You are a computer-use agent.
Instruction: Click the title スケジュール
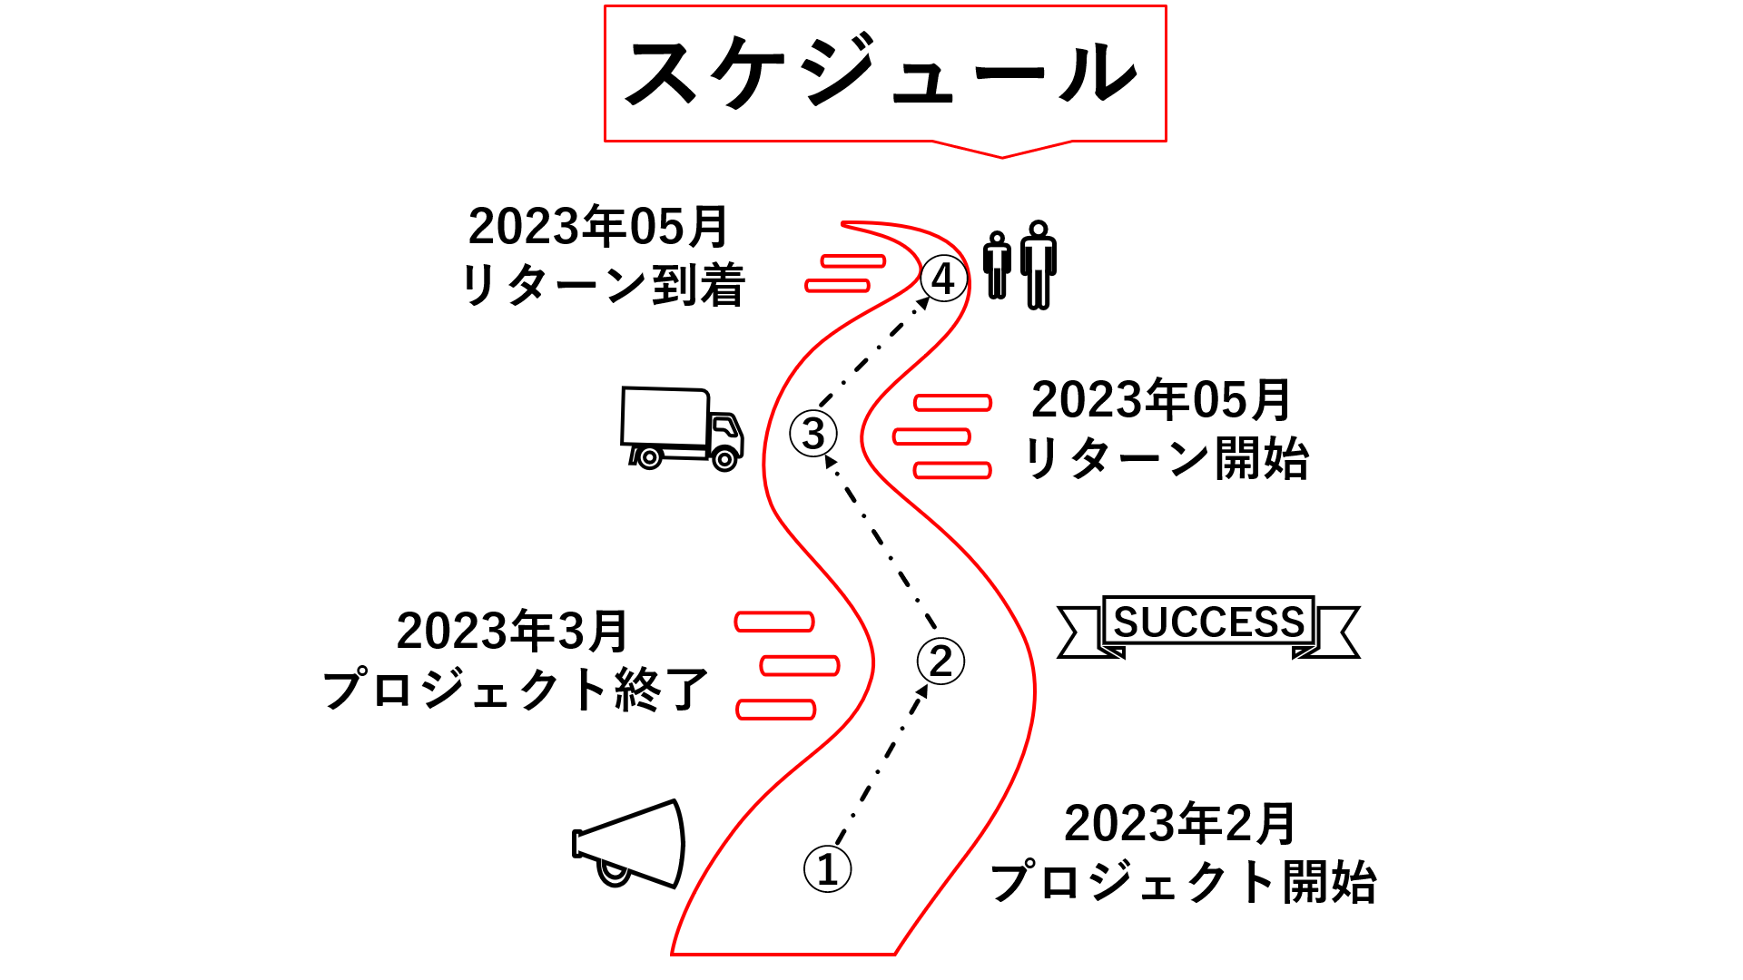882,73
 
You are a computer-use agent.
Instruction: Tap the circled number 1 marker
827,868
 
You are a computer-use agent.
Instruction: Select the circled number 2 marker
940,661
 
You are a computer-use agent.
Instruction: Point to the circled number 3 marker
813,433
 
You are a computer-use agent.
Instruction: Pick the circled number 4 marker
943,279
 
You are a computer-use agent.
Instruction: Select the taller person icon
1038,264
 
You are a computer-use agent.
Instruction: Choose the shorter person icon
997,264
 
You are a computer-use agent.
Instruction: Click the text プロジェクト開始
1183,882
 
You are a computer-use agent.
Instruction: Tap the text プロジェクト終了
515,690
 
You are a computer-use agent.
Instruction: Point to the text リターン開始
1167,458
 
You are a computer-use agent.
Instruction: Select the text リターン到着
604,286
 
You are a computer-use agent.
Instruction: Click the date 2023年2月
1180,823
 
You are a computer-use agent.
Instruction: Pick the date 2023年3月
513,631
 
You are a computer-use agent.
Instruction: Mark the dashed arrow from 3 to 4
873,352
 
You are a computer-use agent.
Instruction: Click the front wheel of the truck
724,459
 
